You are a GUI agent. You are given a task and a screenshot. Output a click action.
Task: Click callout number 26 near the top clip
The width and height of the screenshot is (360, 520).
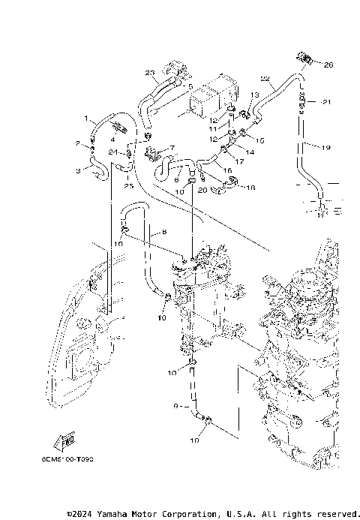327,65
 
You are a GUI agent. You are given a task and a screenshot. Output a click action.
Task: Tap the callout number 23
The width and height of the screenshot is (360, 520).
149,72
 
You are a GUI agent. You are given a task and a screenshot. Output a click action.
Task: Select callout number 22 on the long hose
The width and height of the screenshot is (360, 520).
264,78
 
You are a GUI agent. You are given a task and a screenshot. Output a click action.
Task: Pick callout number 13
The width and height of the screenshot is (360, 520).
254,94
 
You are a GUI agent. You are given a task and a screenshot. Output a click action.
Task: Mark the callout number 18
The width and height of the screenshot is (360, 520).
250,187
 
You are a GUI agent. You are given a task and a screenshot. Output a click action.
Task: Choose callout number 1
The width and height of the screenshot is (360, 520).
86,118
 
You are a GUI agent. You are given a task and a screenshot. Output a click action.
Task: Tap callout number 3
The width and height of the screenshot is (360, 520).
77,172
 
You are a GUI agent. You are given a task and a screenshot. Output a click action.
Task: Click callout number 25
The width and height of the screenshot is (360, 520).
128,185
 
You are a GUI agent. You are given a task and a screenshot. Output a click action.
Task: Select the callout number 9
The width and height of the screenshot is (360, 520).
176,406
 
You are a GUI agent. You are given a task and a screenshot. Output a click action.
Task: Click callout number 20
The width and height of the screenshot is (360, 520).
202,191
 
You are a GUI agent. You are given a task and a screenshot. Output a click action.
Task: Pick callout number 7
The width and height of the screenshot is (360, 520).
172,148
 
